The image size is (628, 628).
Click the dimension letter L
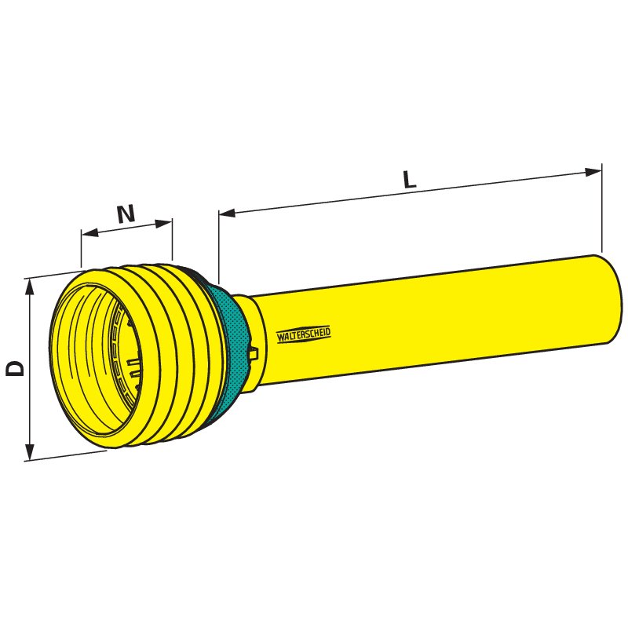click(x=409, y=180)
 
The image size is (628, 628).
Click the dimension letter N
click(x=126, y=214)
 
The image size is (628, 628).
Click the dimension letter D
click(x=15, y=368)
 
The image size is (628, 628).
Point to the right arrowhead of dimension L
click(x=593, y=172)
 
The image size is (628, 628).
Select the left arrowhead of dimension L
click(x=227, y=213)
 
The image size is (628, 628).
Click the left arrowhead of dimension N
click(x=89, y=232)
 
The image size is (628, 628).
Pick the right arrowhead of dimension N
click(x=163, y=224)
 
